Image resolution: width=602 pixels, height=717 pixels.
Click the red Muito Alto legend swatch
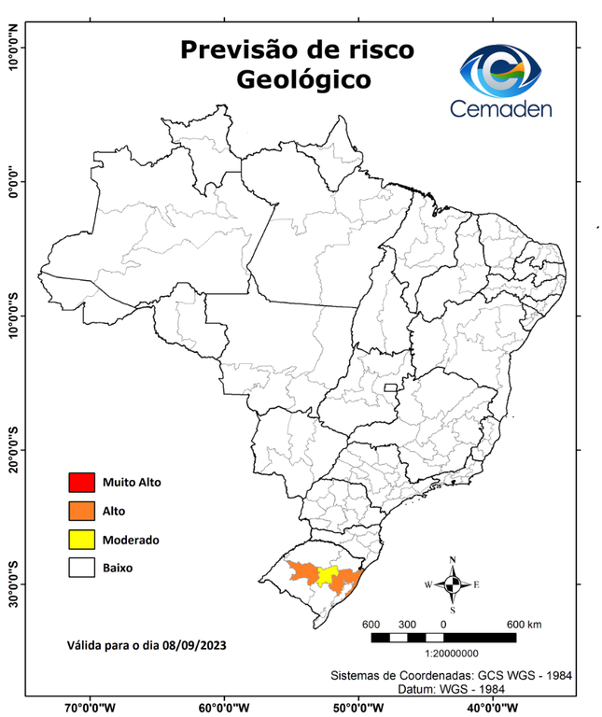pyautogui.click(x=81, y=483)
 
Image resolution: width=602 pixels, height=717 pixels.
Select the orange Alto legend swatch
pyautogui.click(x=81, y=511)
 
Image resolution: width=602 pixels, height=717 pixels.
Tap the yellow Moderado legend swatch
pyautogui.click(x=81, y=540)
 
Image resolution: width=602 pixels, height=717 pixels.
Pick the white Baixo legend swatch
pyautogui.click(x=81, y=568)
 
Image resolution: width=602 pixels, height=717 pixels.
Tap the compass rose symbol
pyautogui.click(x=453, y=584)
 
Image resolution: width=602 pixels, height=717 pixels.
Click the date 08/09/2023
pyautogui.click(x=193, y=645)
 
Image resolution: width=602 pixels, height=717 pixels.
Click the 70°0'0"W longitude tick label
pyautogui.click(x=91, y=707)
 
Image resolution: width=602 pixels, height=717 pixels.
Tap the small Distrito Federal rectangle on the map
pyautogui.click(x=390, y=387)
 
